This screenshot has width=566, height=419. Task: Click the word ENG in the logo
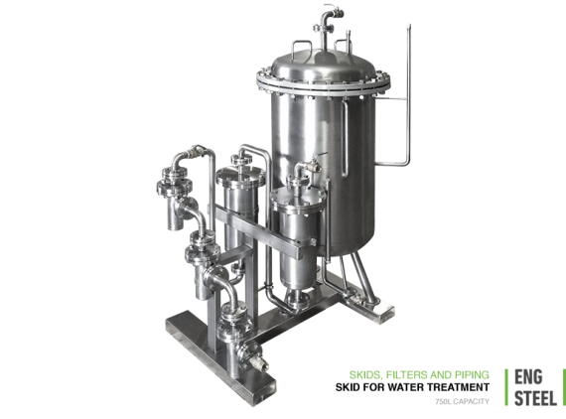click(x=528, y=377)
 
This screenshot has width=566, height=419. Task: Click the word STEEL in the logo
click(x=535, y=398)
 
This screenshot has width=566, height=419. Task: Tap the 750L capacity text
click(x=463, y=401)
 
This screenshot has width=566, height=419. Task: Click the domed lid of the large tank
click(x=323, y=64)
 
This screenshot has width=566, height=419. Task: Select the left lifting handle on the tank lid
click(x=302, y=46)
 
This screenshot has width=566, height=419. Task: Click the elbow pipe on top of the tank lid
click(x=329, y=18)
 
